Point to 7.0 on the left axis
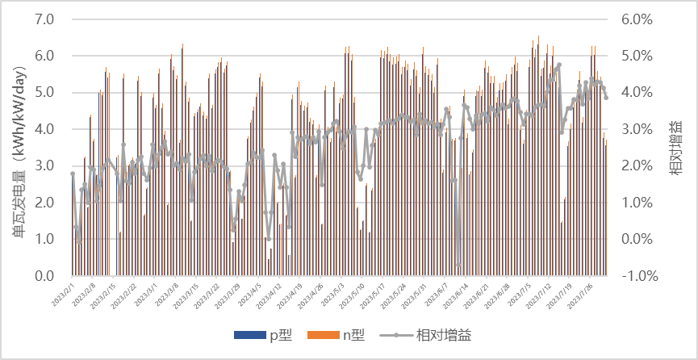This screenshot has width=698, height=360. pos(45,19)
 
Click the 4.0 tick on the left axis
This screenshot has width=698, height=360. pos(45,129)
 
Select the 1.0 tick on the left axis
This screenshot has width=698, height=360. pos(45,239)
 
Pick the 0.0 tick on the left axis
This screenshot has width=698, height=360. pos(45,275)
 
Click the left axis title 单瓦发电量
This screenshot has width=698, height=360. pos(18,147)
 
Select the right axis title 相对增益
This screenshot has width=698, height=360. pos(675,147)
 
